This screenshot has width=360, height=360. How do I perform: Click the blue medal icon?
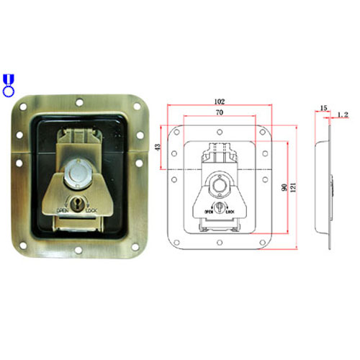coord(8,85)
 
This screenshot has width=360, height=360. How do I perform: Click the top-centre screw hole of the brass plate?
coord(81,101)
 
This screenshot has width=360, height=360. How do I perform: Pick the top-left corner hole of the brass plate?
coord(24,106)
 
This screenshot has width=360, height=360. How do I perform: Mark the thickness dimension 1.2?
coord(342,114)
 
